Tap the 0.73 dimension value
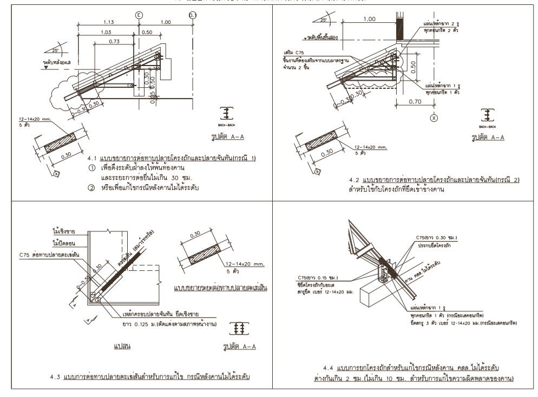click(114, 42)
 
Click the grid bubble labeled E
click(139, 15)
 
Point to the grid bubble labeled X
click(433, 117)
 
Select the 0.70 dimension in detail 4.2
click(416, 101)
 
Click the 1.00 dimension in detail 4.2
click(369, 19)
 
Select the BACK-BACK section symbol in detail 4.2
click(488, 117)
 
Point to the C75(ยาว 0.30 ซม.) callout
click(438, 238)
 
